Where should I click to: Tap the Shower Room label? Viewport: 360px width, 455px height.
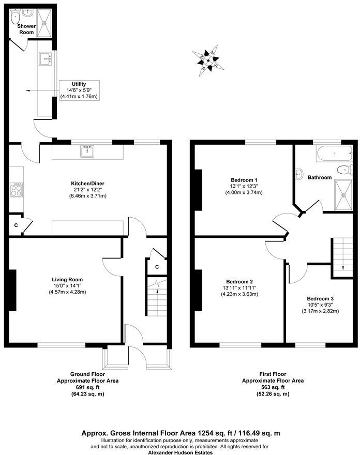(x=26, y=29)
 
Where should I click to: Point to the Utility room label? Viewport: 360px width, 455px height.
(x=79, y=84)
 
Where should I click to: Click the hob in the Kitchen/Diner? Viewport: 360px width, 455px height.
(x=17, y=190)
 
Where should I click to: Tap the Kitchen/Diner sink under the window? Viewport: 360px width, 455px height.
(x=86, y=151)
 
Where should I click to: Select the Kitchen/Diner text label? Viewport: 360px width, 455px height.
(x=86, y=183)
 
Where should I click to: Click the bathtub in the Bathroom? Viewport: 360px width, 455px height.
(x=333, y=154)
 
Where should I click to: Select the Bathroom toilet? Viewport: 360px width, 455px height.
(x=342, y=170)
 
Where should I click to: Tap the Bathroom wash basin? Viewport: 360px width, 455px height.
(x=300, y=174)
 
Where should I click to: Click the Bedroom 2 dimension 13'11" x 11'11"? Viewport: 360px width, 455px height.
(x=239, y=288)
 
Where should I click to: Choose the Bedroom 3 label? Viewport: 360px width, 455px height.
(x=320, y=299)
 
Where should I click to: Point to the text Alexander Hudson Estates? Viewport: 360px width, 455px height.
(x=180, y=452)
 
